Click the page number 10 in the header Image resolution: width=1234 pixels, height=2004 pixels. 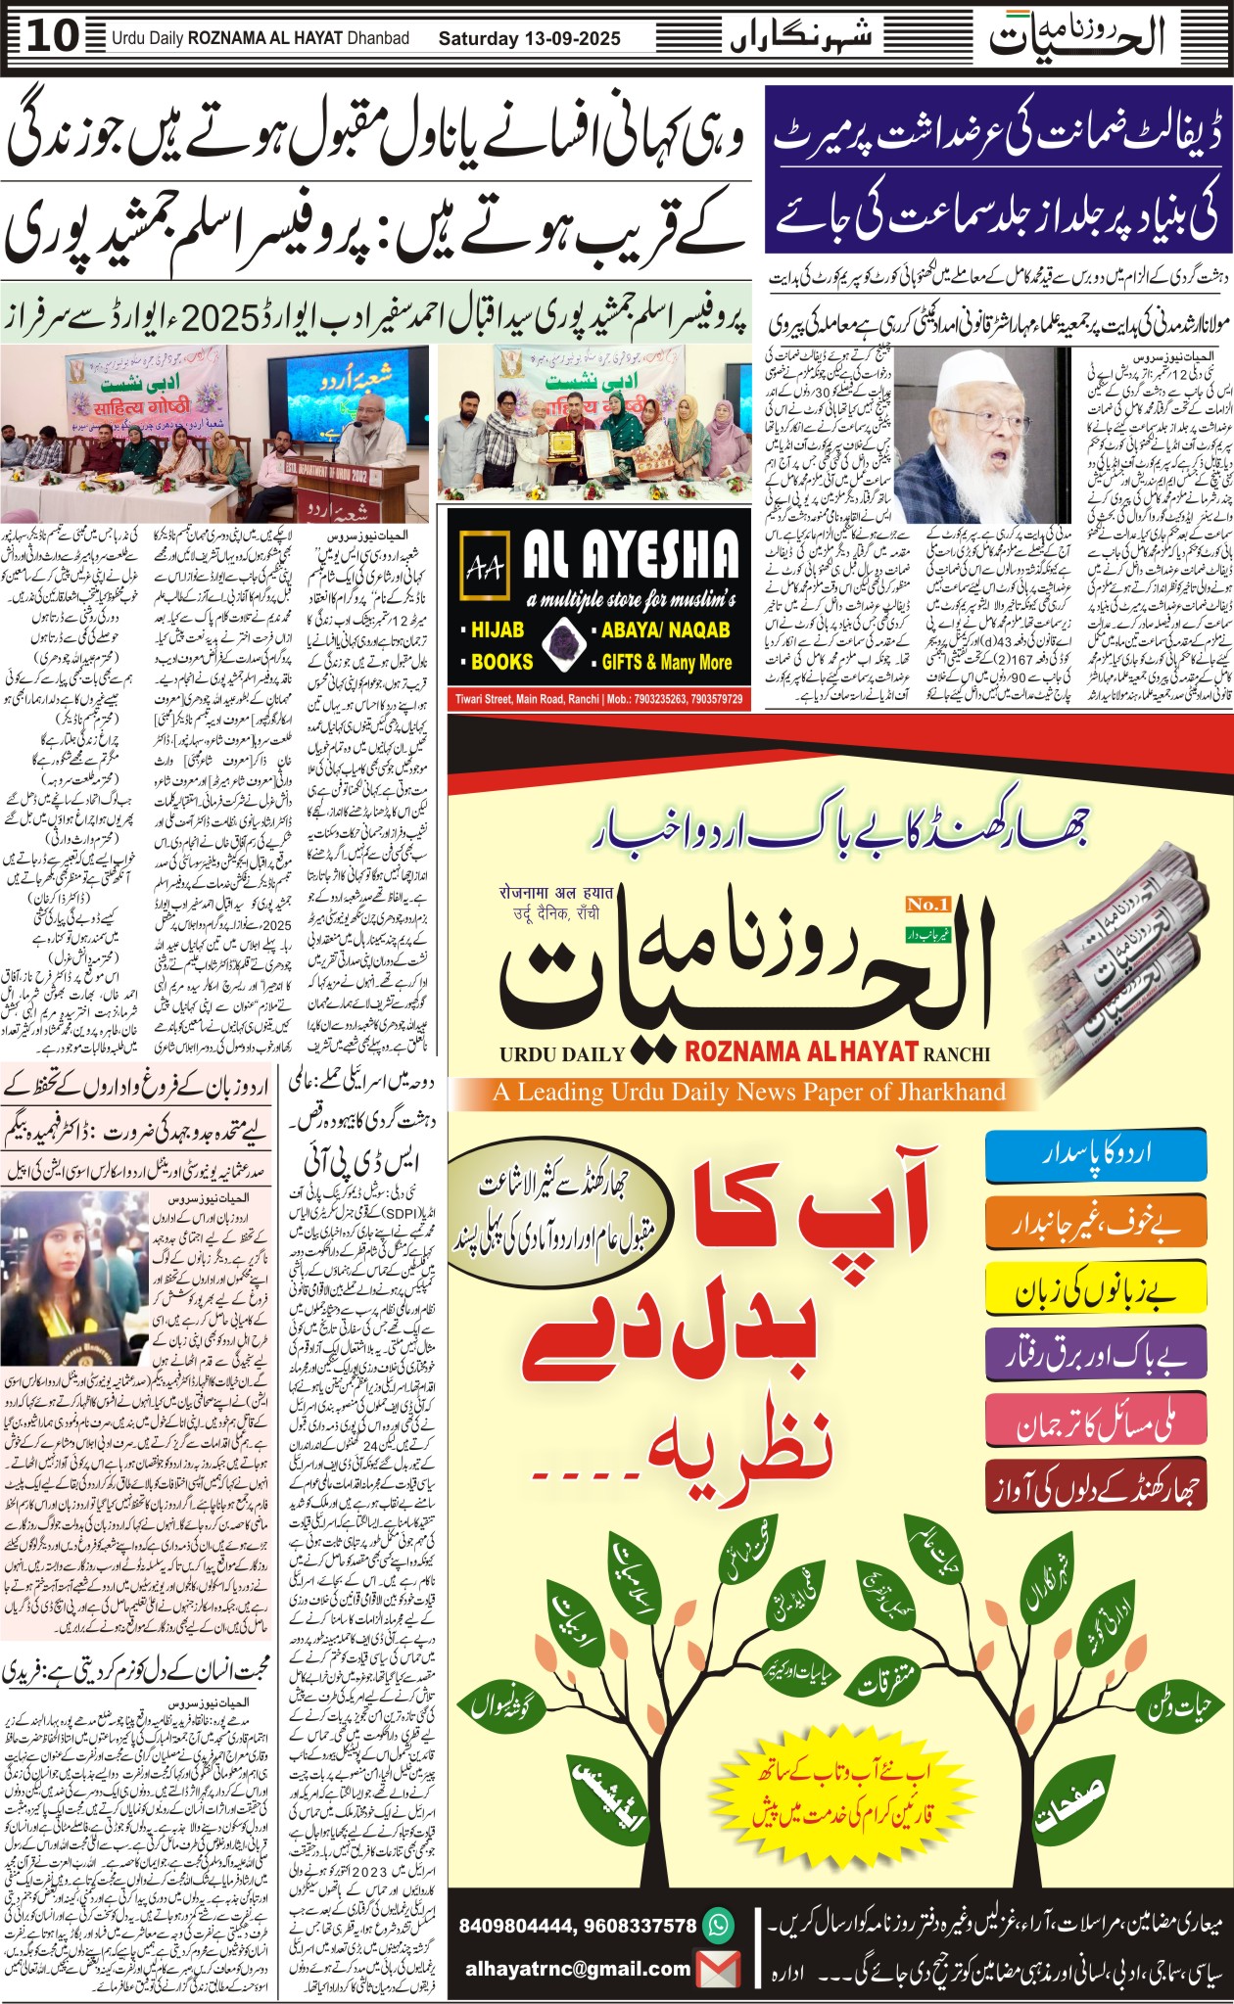(x=53, y=37)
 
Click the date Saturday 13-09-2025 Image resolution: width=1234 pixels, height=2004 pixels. (x=529, y=39)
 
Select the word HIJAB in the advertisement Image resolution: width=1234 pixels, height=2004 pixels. (x=497, y=630)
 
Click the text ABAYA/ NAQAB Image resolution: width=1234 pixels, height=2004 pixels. (x=666, y=630)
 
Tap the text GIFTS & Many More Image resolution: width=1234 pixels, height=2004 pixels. (x=666, y=663)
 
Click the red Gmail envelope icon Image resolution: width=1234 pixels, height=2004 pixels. (x=718, y=1969)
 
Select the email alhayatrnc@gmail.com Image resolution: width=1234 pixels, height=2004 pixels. (x=578, y=1969)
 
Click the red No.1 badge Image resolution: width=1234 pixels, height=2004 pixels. (x=928, y=904)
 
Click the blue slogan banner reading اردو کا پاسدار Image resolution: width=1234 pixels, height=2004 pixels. (x=1094, y=1155)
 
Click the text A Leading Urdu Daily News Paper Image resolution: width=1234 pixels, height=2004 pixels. (x=748, y=1092)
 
